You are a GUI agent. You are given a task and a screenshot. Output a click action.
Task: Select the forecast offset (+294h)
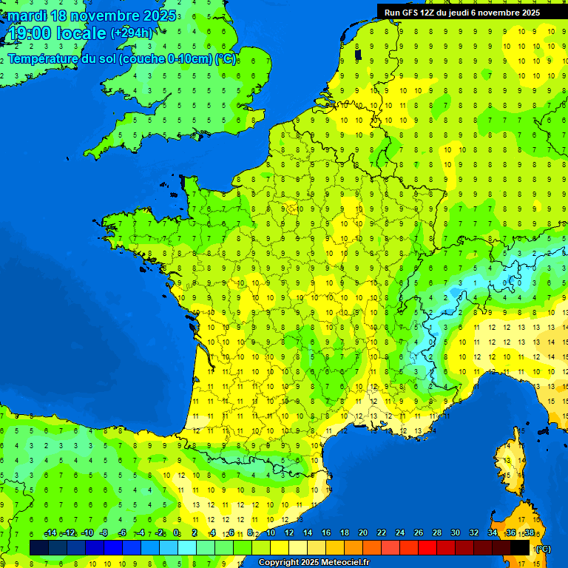tap(132, 33)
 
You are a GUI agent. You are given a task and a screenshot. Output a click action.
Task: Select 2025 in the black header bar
tap(527, 13)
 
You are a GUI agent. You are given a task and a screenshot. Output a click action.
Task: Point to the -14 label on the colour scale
tap(50, 533)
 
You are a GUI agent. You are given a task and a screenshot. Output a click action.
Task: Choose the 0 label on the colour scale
tap(176, 533)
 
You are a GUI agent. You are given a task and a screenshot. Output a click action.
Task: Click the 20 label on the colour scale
tap(363, 533)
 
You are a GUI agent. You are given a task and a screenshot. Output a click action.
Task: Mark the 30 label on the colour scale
tap(456, 533)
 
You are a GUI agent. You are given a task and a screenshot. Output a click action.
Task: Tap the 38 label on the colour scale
tap(530, 533)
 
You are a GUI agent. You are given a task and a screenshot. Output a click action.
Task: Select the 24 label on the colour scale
tap(400, 533)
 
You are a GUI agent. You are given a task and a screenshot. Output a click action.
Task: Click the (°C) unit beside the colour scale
tap(542, 548)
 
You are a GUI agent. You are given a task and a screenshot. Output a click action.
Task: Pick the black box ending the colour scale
tap(520, 547)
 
